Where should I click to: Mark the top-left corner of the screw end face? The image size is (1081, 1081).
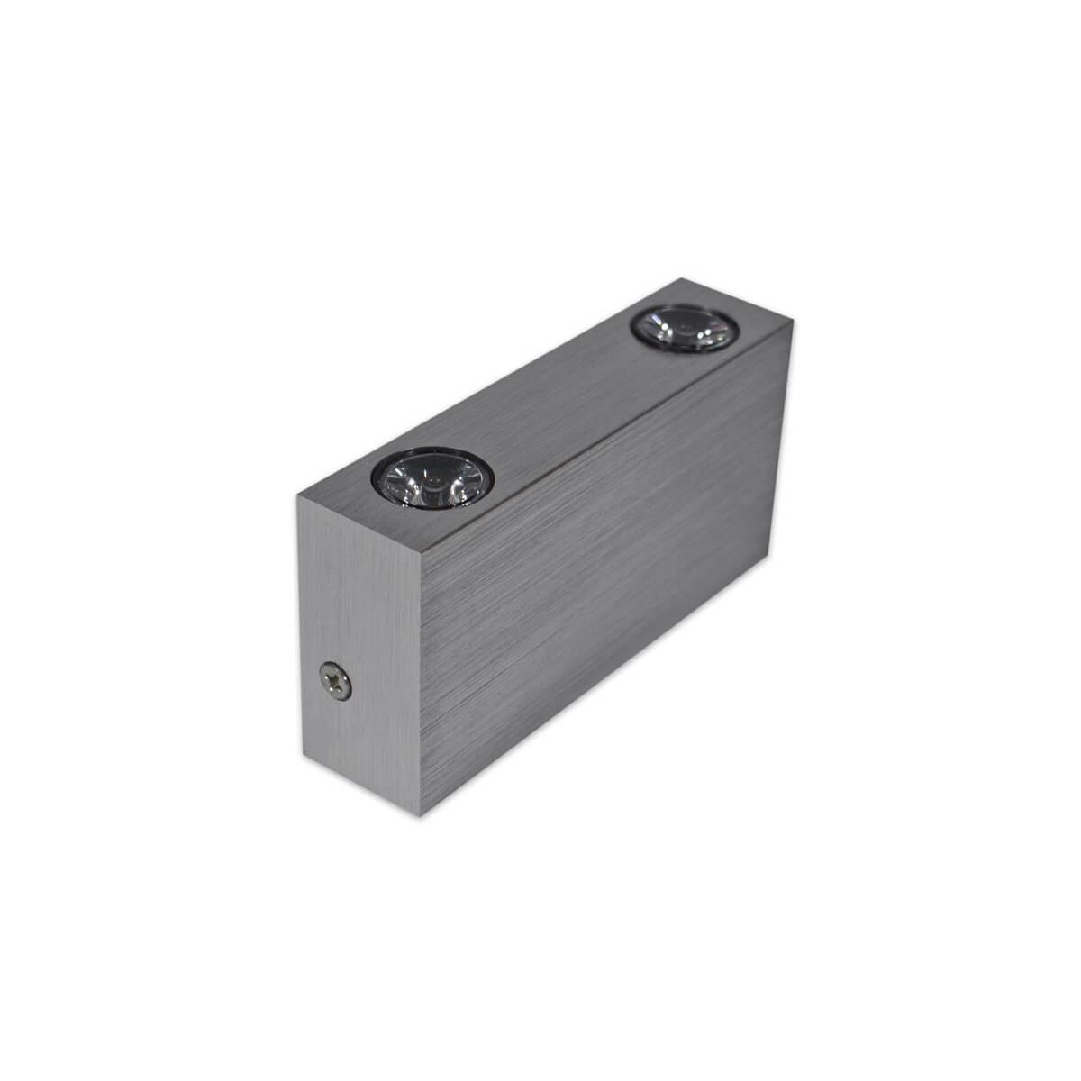[297, 495]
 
